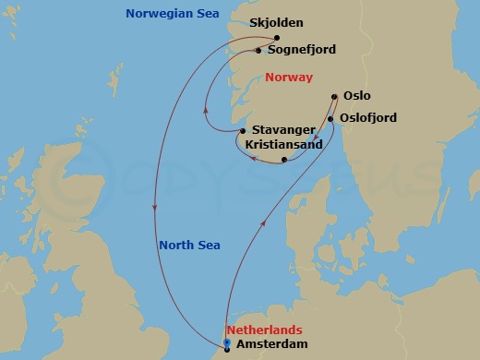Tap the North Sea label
(x=188, y=245)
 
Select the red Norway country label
(x=288, y=78)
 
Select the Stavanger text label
(x=283, y=131)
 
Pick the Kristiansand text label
(x=284, y=146)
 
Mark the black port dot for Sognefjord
(x=258, y=51)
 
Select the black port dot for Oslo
(x=333, y=95)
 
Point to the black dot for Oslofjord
(x=330, y=118)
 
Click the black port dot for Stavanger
(x=242, y=131)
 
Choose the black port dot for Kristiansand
(x=284, y=160)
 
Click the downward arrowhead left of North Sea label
(x=153, y=209)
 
